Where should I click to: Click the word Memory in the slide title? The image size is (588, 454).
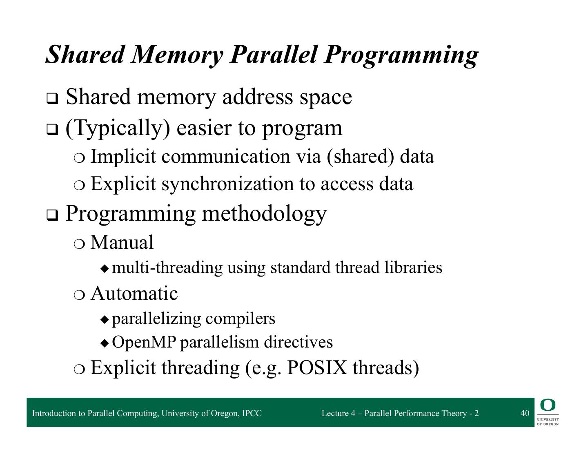pos(178,54)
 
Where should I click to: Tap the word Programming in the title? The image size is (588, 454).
pos(401,54)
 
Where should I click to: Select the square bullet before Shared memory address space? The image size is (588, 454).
pos(52,99)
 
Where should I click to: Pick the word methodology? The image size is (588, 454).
pos(264,213)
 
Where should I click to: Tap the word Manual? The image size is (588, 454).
pos(122,242)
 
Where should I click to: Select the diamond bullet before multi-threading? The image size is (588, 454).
pos(105,268)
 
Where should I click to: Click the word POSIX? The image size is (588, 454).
pos(317,368)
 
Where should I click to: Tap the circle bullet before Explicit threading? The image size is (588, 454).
pos(80,369)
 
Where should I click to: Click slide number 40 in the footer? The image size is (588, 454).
pos(525,413)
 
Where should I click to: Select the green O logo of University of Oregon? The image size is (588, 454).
pos(548,405)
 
